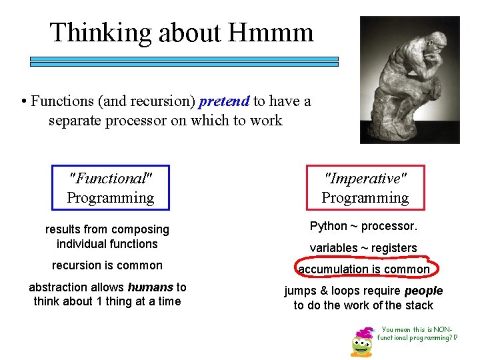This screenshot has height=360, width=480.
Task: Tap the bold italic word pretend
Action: pos(224,101)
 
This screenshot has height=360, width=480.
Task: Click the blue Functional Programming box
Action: pos(111,188)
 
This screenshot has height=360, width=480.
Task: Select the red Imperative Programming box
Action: pos(365,188)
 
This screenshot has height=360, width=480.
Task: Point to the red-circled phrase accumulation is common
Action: pos(364,269)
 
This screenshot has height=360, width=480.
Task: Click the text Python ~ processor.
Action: pos(363,226)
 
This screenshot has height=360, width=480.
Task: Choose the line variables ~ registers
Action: pos(363,248)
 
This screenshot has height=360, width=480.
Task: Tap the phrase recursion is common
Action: pos(107,265)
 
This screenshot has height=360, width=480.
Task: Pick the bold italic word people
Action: pos(423,291)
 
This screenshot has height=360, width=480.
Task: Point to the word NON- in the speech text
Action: pos(443,329)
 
